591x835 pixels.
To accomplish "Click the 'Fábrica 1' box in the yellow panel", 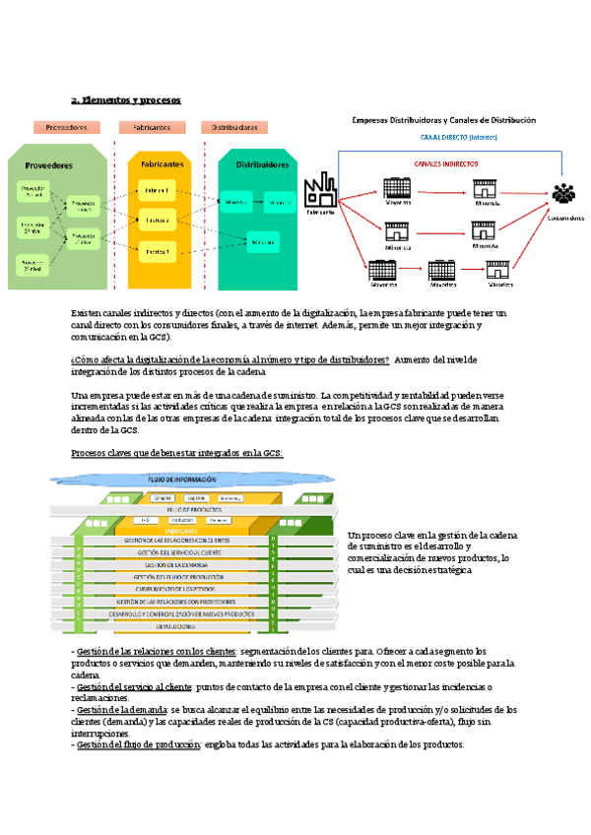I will click(158, 189).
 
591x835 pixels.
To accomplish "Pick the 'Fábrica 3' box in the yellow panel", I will click(158, 252).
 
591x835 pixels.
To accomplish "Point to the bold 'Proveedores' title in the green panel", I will click(48, 165).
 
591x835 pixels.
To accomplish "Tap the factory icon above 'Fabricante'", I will click(319, 188).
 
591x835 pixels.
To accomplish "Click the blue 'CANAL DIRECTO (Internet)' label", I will click(460, 138).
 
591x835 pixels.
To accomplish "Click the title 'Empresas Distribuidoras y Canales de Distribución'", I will click(443, 120).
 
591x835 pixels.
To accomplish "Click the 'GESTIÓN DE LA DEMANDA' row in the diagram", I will click(173, 565).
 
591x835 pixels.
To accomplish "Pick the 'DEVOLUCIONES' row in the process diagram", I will click(173, 625).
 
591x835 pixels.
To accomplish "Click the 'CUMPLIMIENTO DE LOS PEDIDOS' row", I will click(173, 589).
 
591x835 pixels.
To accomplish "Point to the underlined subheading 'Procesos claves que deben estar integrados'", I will click(177, 453).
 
